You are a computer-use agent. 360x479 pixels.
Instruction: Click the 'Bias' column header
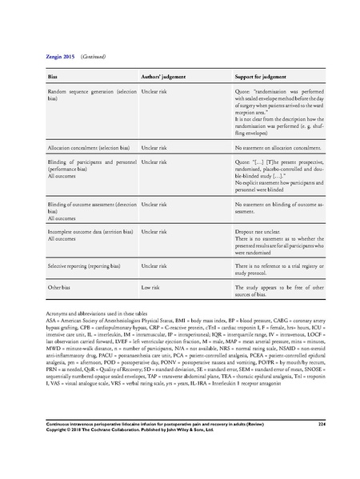55,74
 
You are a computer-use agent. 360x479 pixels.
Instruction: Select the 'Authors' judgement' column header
164,74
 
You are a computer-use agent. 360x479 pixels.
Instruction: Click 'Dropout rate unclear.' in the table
258,229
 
